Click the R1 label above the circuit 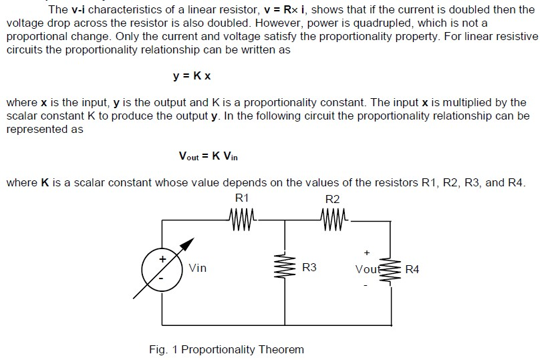pyautogui.click(x=242, y=198)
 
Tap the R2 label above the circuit pyautogui.click(x=332, y=198)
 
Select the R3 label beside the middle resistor pyautogui.click(x=309, y=268)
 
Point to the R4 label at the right pyautogui.click(x=413, y=269)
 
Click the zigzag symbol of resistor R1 pyautogui.click(x=242, y=217)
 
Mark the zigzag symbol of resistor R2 pyautogui.click(x=332, y=217)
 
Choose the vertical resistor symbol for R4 pyautogui.click(x=390, y=270)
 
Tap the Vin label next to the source pyautogui.click(x=198, y=268)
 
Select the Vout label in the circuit pyautogui.click(x=368, y=269)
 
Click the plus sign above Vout pyautogui.click(x=366, y=253)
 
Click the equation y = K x pyautogui.click(x=192, y=76)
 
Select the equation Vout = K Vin pyautogui.click(x=209, y=156)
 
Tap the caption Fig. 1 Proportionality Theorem pyautogui.click(x=227, y=349)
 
